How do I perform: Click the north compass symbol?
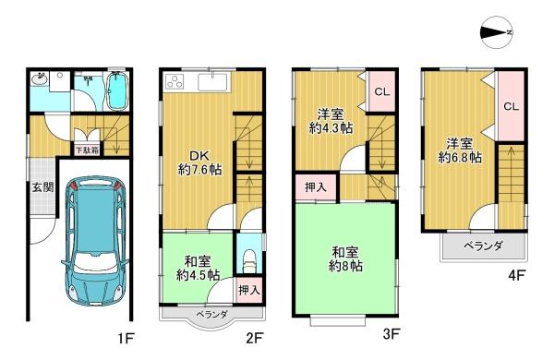497,32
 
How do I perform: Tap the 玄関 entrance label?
43,187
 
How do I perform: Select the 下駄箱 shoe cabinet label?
87,150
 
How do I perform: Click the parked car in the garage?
95,241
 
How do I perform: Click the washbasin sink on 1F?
39,78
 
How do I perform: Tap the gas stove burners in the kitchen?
174,81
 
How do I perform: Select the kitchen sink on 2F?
213,82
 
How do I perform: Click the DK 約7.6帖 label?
199,162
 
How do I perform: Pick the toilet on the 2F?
250,261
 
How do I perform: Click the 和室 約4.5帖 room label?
198,269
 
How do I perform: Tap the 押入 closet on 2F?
249,290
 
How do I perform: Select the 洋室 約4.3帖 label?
331,121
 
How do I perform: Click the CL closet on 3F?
381,91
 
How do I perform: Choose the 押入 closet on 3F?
315,187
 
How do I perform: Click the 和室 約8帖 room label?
345,259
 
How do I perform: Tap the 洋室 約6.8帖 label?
460,150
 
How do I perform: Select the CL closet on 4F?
511,106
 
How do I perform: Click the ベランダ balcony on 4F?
483,246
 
